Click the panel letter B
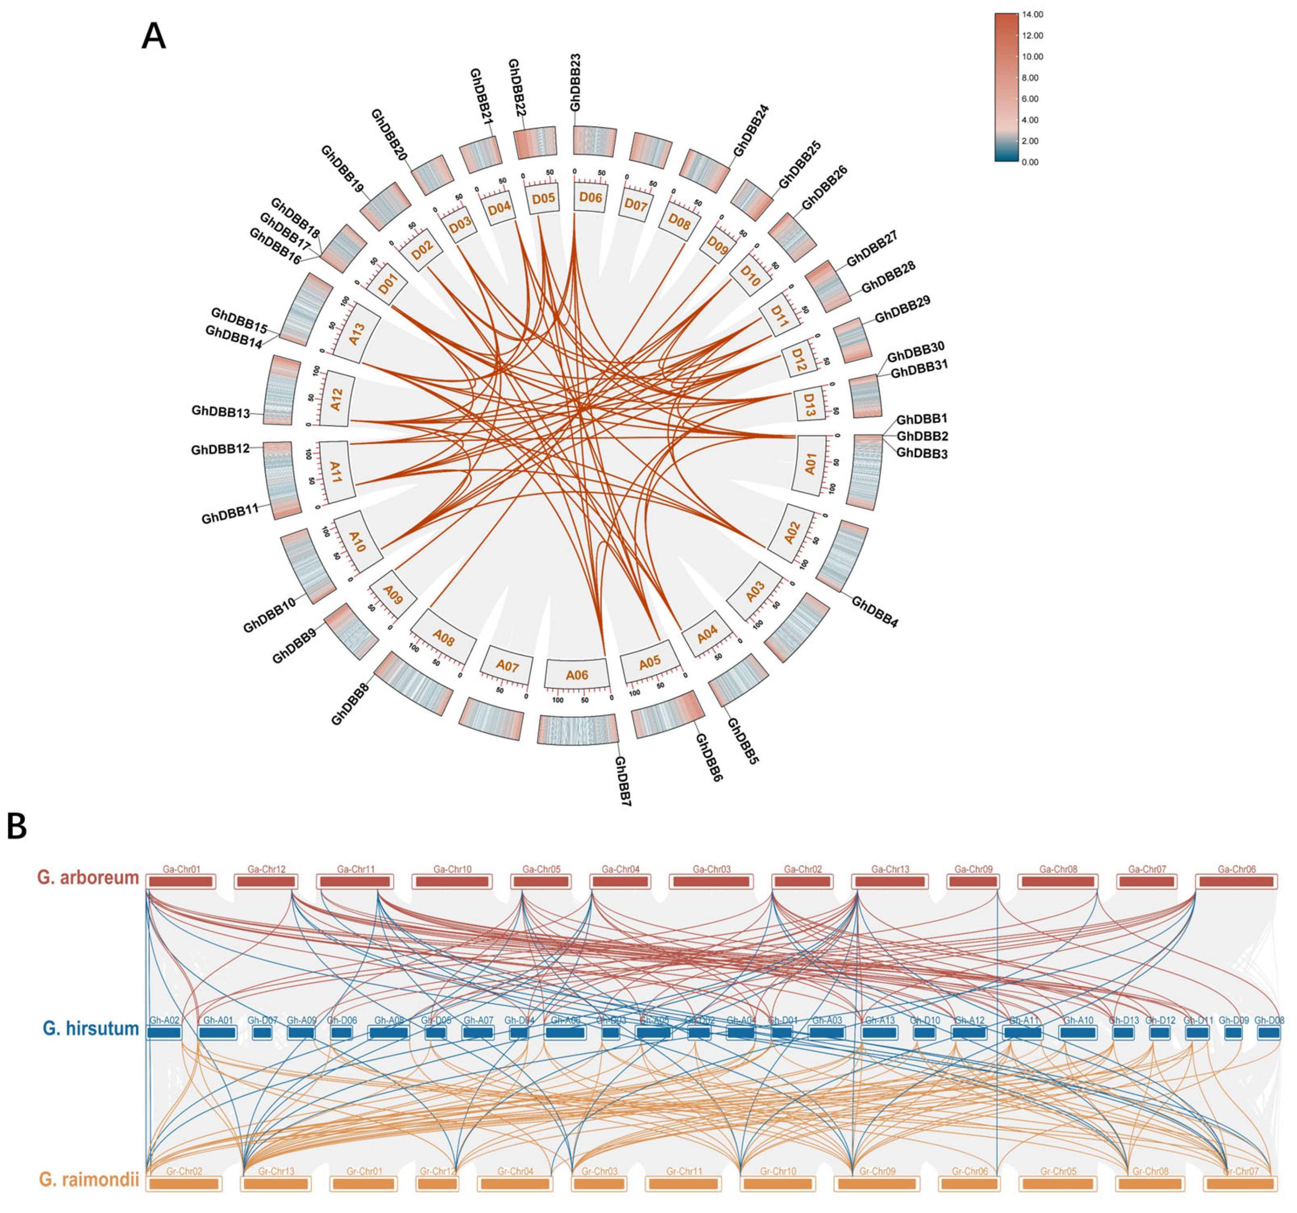click(17, 827)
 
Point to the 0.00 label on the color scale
click(1029, 162)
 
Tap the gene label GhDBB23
click(575, 82)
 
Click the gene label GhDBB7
click(622, 781)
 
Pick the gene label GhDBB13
click(221, 412)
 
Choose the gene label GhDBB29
click(902, 310)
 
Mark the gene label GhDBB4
click(875, 611)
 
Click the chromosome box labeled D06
click(590, 197)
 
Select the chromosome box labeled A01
click(810, 465)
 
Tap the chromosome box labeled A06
click(577, 675)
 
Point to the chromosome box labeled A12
click(337, 399)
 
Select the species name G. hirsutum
click(91, 1028)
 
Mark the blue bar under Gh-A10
click(1078, 1033)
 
